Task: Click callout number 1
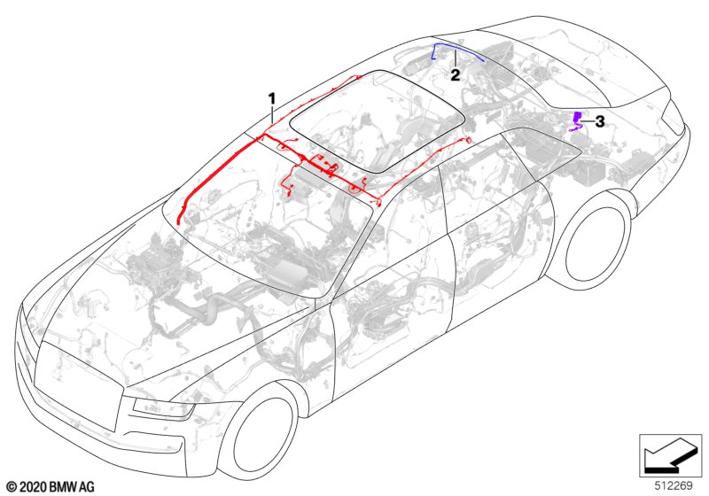272,98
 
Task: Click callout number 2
456,75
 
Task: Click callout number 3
600,121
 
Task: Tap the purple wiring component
576,120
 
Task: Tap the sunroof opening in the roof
378,121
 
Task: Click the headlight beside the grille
161,410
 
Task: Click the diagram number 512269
674,485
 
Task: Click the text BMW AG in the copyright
72,487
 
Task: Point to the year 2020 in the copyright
33,487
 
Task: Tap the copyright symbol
12,487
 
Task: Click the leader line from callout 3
588,121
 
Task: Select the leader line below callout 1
272,114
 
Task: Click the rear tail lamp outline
673,117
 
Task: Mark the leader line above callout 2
456,59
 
